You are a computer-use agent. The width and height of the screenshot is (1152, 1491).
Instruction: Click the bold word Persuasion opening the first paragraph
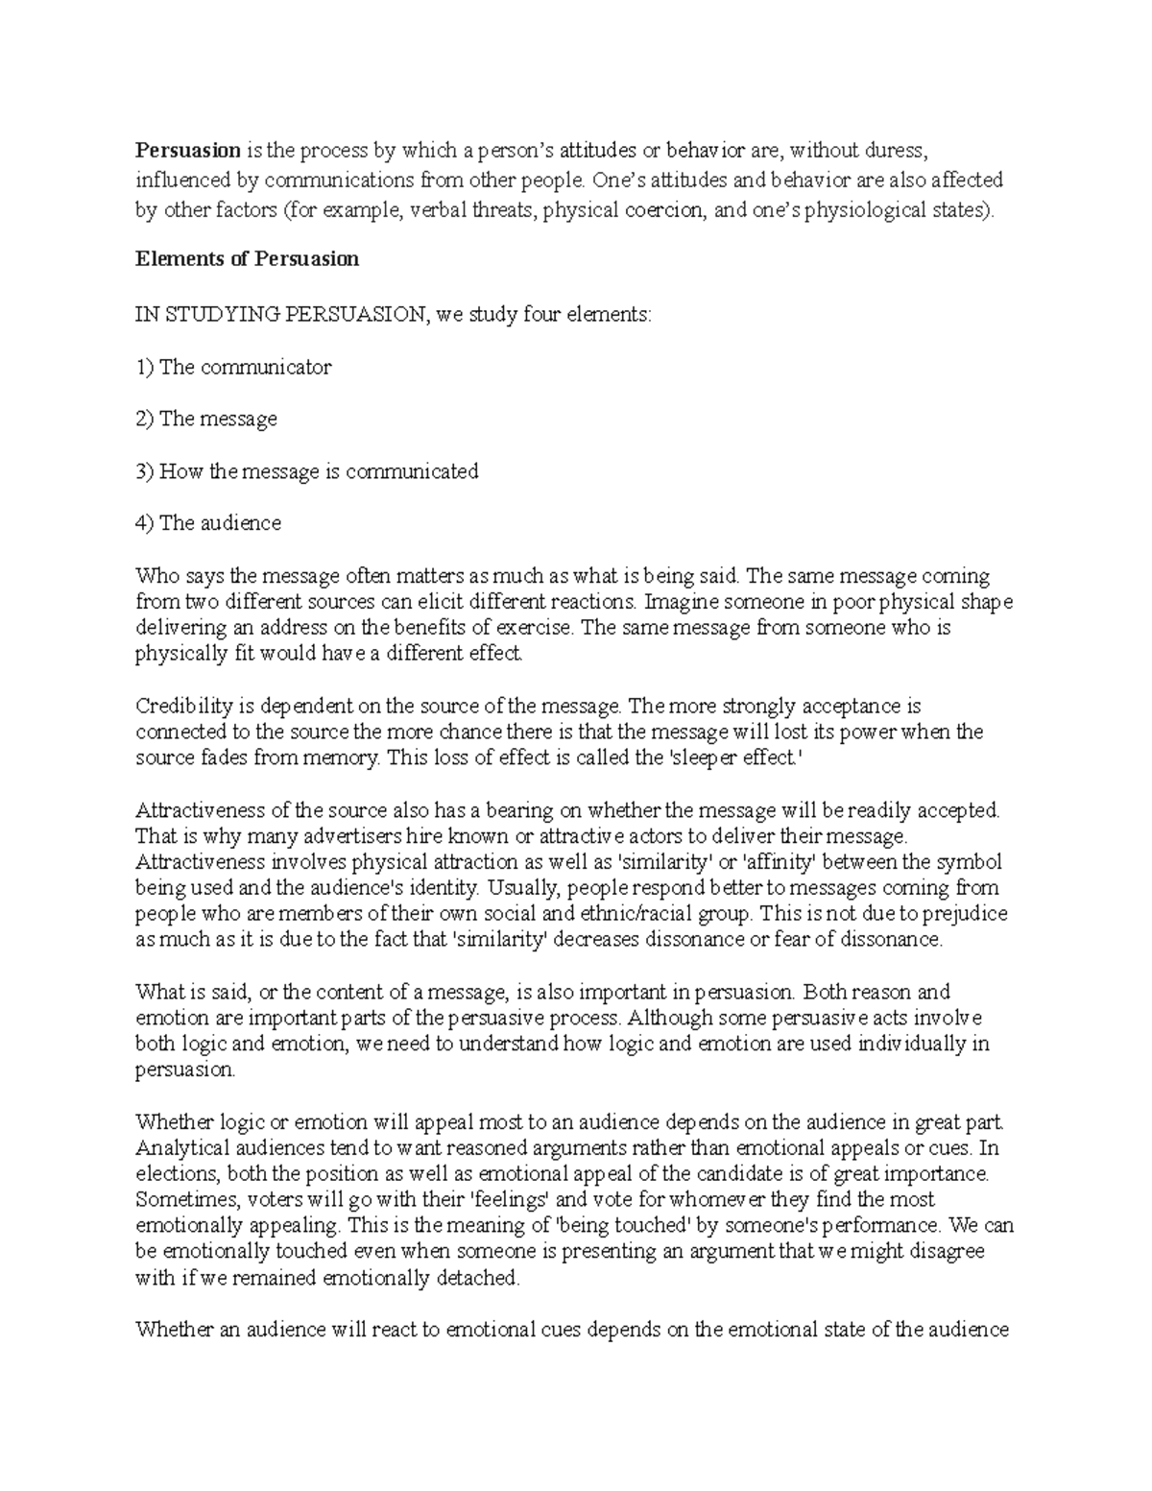(x=188, y=150)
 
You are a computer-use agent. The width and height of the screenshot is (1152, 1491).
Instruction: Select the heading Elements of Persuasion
(x=248, y=259)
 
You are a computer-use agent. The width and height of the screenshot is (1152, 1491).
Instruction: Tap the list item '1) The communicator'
(x=233, y=367)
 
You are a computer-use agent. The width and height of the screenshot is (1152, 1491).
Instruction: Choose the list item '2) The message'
(x=206, y=419)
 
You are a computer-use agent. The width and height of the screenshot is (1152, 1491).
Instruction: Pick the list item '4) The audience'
(x=208, y=523)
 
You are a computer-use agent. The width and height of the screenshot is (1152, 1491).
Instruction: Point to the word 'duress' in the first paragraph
(x=898, y=150)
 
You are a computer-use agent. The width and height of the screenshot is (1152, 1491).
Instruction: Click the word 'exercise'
(x=533, y=629)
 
